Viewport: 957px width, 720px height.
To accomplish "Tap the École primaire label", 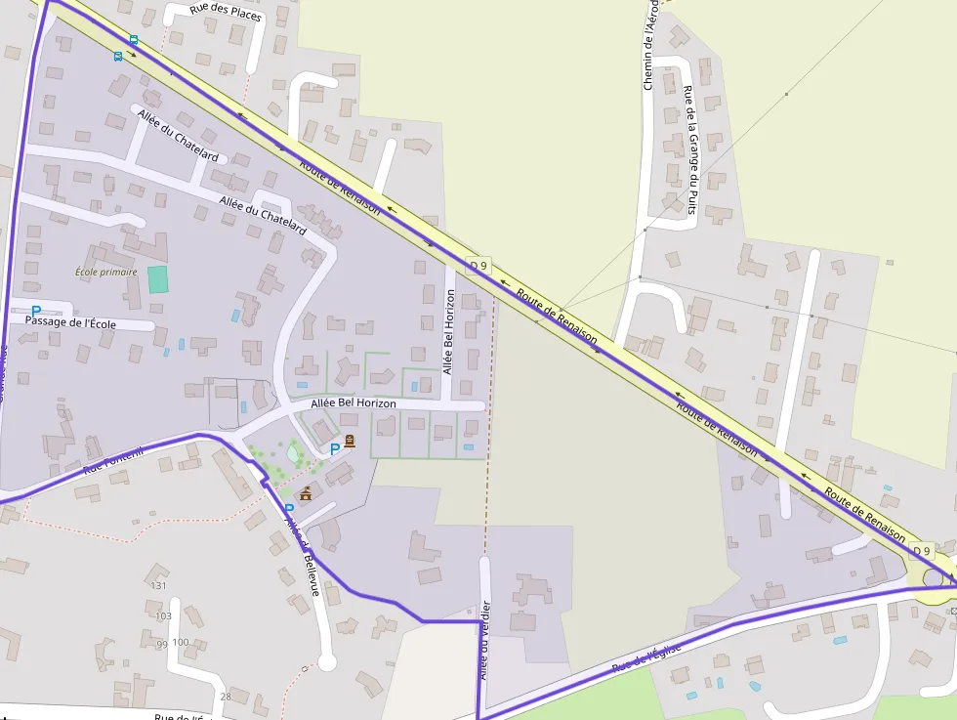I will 106,272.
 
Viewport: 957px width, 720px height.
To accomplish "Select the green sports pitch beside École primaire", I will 157,278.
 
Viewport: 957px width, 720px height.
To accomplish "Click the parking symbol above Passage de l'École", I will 36,311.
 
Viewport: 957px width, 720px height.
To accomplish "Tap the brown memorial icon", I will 350,442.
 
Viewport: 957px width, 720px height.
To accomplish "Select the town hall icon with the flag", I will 306,493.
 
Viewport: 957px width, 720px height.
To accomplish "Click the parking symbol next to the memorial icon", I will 335,448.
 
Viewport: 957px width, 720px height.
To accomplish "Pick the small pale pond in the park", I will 293,453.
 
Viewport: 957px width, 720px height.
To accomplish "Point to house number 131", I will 159,585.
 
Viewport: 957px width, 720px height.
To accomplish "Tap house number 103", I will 163,616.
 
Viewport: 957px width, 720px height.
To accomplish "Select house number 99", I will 161,645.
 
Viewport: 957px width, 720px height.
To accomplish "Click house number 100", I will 180,642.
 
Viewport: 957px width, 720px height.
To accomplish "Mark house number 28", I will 226,697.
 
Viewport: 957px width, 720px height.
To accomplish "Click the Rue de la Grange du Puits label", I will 689,149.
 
